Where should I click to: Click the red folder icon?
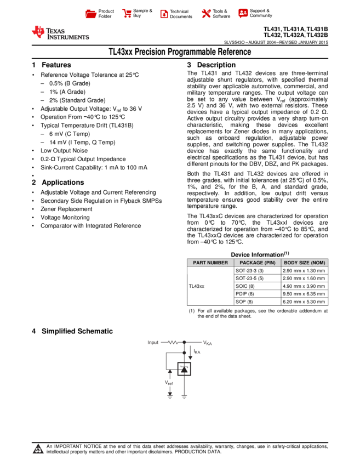point(91,14)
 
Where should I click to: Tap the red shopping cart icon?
point(127,14)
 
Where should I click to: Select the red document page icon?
point(164,14)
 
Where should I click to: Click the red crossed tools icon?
point(206,14)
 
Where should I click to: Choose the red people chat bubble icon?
point(243,13)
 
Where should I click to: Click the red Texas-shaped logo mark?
point(38,32)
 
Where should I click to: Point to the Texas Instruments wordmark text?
point(67,34)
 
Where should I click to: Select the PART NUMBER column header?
point(210,263)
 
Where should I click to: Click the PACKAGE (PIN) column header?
point(258,263)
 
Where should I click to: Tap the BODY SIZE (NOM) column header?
point(305,263)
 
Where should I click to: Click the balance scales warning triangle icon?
point(38,450)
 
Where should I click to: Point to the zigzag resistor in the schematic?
point(173,343)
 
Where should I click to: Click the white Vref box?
point(169,383)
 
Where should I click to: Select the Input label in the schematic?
point(153,343)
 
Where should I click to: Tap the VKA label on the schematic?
point(207,343)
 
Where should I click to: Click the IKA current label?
point(197,351)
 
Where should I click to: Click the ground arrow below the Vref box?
point(170,395)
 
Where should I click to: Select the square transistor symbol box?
point(184,368)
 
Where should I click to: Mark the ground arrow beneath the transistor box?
point(184,396)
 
